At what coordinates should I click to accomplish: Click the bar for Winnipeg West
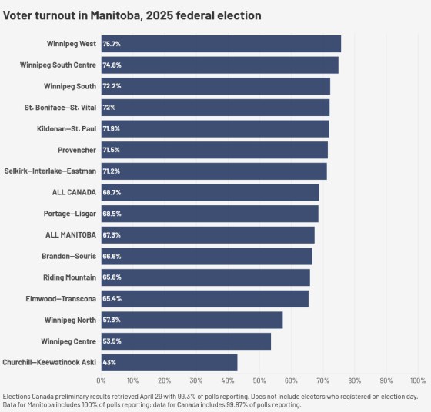221,44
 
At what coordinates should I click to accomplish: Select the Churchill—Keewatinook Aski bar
169,363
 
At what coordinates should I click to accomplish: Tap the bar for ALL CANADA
210,192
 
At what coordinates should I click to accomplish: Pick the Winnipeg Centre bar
186,341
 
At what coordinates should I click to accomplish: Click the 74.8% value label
112,65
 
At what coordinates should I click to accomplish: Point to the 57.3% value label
112,320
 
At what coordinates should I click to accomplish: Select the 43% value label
109,363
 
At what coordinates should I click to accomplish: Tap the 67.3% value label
112,235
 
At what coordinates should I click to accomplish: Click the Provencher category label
77,150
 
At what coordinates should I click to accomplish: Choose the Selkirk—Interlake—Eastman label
50,171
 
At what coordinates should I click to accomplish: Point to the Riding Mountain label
70,277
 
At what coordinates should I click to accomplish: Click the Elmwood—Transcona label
61,299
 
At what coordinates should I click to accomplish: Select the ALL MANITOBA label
71,235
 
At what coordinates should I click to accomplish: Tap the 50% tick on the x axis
259,381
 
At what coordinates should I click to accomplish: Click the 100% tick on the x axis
418,381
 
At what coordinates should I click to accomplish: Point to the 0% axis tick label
101,381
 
